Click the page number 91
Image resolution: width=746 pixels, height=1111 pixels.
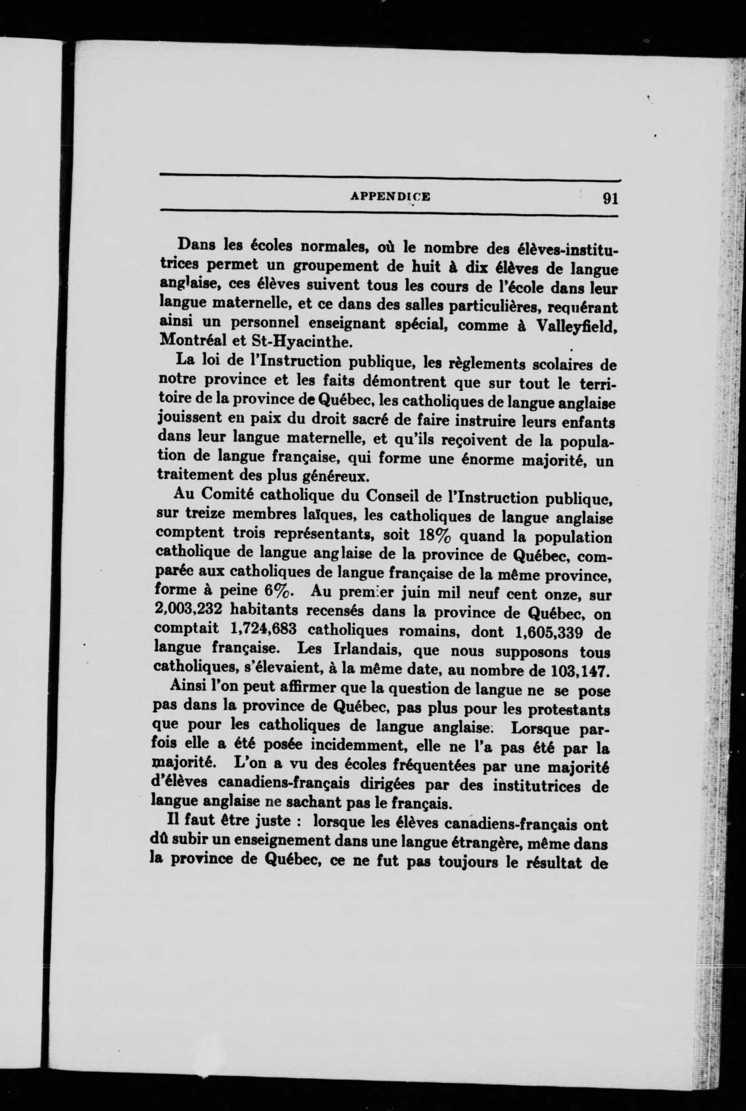coord(609,197)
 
